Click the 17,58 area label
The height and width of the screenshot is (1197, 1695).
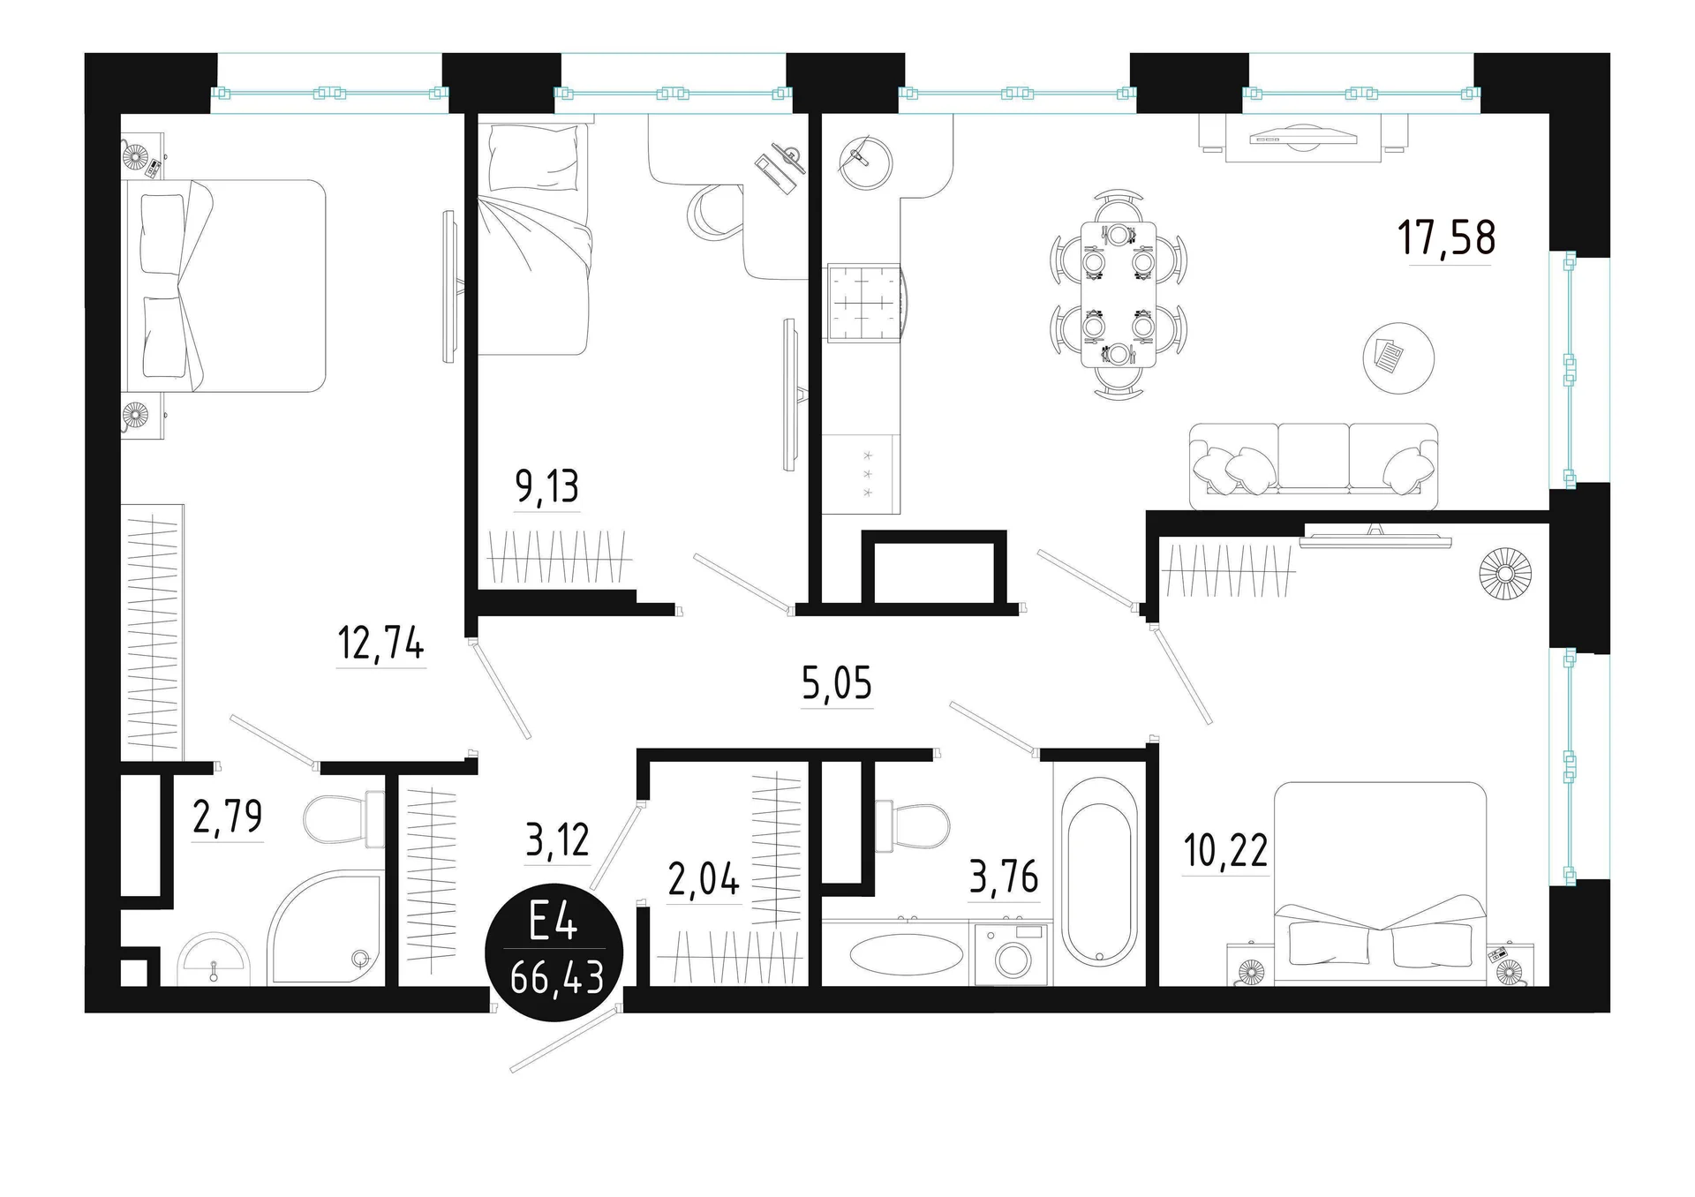[x=1446, y=237]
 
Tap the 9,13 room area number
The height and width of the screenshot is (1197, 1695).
[x=547, y=486]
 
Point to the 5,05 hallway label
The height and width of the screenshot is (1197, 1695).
[x=837, y=683]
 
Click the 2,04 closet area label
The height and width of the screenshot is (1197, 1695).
[x=704, y=880]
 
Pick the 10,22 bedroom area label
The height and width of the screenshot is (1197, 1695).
[x=1225, y=850]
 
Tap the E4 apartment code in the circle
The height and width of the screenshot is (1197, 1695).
[x=554, y=923]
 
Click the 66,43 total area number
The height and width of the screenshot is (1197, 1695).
[x=557, y=977]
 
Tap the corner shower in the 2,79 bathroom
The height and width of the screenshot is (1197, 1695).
[x=326, y=927]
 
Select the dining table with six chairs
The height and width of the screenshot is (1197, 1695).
[x=1119, y=295]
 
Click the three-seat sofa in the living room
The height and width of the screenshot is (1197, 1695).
[x=1314, y=466]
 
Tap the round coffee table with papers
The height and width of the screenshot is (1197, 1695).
[x=1398, y=358]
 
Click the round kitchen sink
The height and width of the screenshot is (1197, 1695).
[x=865, y=162]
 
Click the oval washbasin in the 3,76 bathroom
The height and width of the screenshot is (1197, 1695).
[x=907, y=954]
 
